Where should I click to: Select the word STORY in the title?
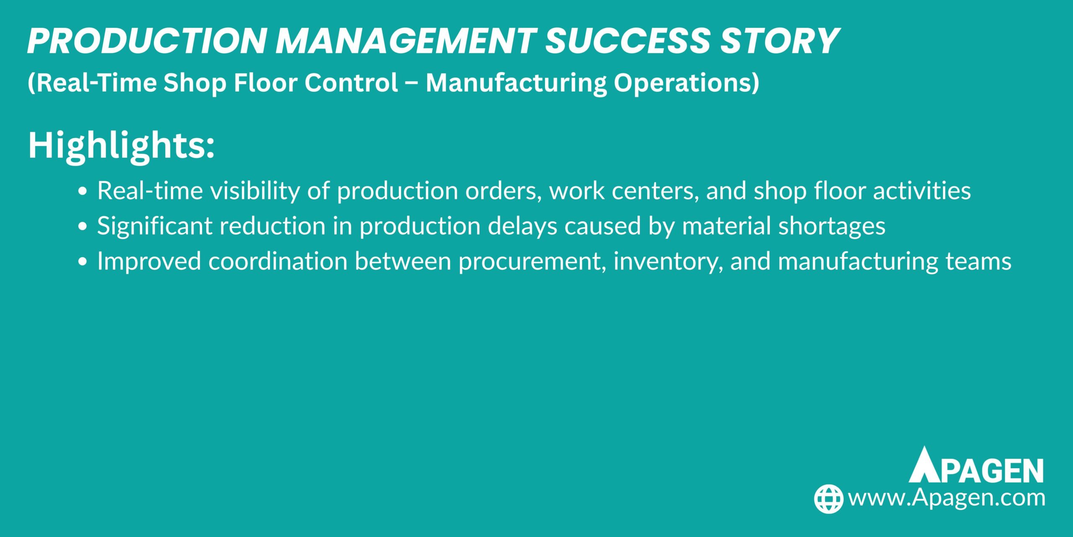(x=780, y=41)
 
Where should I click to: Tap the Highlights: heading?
(x=121, y=146)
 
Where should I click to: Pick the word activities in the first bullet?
(x=922, y=191)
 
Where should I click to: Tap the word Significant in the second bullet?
(x=155, y=226)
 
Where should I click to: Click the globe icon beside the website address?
(x=828, y=499)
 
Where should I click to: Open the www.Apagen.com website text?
(x=946, y=498)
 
